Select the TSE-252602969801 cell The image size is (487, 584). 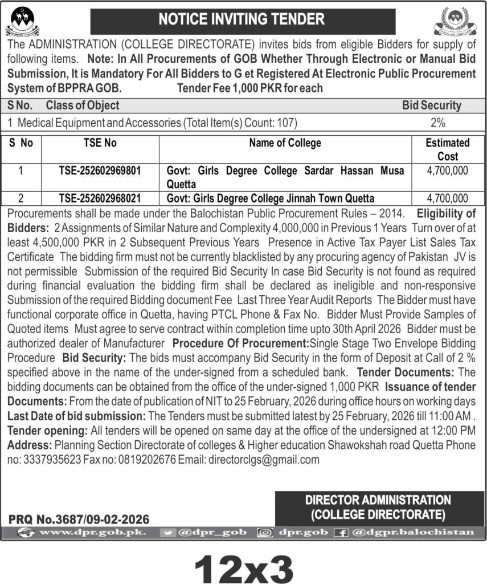click(100, 171)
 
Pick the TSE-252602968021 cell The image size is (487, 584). click(100, 198)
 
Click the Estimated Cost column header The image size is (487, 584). click(448, 149)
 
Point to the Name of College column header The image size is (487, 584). click(285, 143)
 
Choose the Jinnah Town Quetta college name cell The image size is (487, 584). click(271, 198)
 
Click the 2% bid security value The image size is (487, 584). click(438, 122)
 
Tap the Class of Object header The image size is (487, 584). click(83, 106)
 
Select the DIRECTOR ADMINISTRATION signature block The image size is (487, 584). click(378, 507)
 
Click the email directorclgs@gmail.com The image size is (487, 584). click(264, 459)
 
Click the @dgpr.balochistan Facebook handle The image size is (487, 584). click(414, 533)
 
